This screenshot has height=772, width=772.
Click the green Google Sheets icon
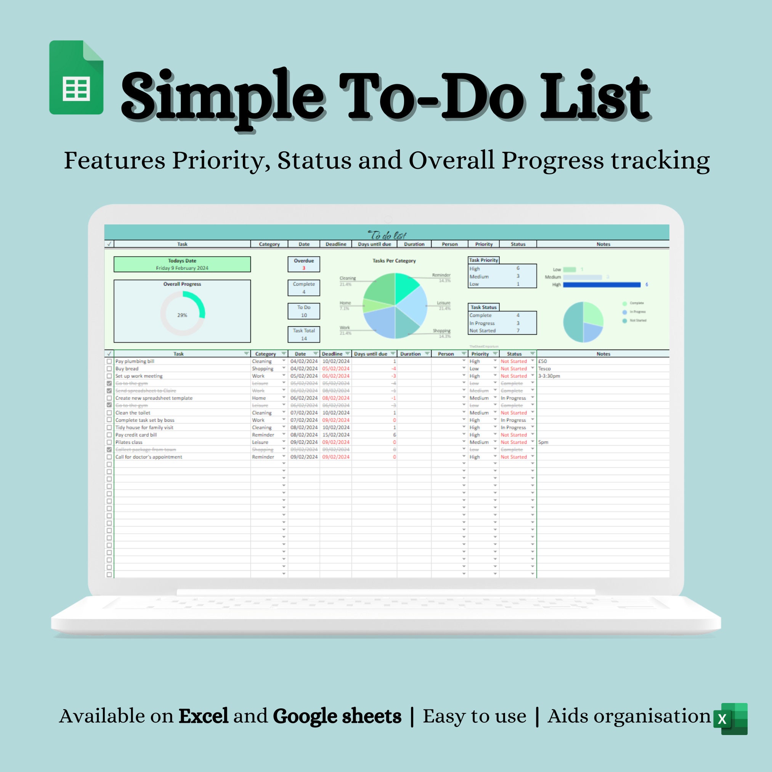click(x=76, y=77)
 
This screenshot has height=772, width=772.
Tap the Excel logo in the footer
click(x=730, y=719)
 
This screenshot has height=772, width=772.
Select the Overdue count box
click(x=304, y=264)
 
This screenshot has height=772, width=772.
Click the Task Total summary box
click(x=304, y=334)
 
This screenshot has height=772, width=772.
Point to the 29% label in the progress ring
click(x=182, y=315)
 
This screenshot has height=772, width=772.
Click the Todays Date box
click(x=182, y=264)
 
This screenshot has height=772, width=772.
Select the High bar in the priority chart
click(x=601, y=284)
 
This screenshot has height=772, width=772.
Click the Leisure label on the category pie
click(x=443, y=303)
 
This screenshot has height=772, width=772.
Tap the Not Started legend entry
click(x=637, y=321)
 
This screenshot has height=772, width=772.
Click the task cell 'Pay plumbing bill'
click(x=135, y=361)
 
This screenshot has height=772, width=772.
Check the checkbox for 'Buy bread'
click(x=109, y=368)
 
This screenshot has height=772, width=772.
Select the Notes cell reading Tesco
click(x=544, y=368)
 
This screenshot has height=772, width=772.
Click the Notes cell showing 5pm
click(x=543, y=442)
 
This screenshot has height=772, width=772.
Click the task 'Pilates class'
click(x=129, y=442)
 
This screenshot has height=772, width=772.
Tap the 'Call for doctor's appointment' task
click(x=149, y=457)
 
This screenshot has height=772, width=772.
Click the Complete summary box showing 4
click(x=304, y=288)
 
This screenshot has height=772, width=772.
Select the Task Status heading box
click(x=483, y=307)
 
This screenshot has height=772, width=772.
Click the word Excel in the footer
click(x=204, y=716)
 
